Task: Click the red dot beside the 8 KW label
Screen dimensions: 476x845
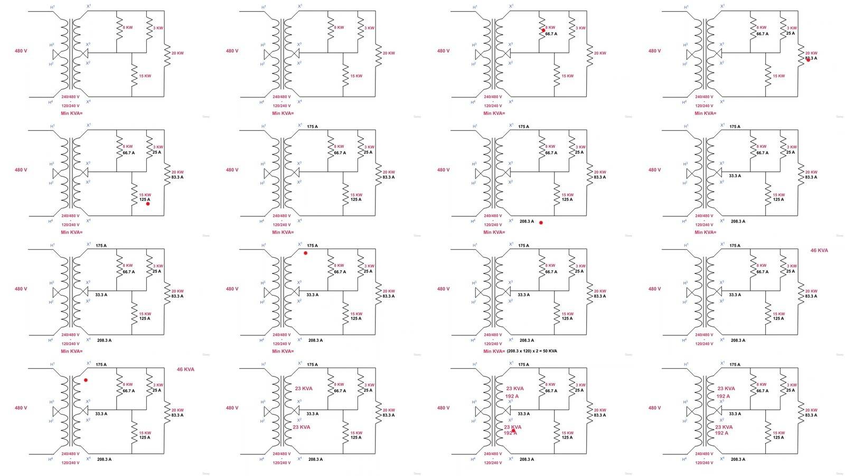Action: [543, 30]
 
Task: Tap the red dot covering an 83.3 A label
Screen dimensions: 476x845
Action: [808, 60]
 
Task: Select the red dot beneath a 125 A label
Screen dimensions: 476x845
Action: [148, 204]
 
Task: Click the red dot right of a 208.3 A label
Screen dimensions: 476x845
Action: [541, 223]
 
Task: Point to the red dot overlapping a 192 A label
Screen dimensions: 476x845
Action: [513, 431]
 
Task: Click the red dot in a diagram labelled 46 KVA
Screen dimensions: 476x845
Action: [86, 380]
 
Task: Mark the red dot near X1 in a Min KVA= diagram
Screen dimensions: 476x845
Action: [305, 253]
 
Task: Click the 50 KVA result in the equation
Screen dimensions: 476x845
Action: [550, 351]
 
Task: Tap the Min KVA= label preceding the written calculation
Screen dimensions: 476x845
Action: [494, 351]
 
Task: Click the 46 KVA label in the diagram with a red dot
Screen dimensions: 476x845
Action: [185, 369]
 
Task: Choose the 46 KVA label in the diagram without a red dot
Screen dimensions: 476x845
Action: [819, 250]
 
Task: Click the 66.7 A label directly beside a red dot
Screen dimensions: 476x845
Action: [551, 34]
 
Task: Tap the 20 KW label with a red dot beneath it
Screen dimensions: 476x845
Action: [811, 53]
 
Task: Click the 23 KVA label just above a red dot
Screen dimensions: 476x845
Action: [512, 427]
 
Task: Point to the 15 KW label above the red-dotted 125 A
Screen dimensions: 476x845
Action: [145, 195]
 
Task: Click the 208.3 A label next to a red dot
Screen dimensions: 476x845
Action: [527, 222]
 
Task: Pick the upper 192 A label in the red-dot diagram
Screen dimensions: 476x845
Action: [512, 396]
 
